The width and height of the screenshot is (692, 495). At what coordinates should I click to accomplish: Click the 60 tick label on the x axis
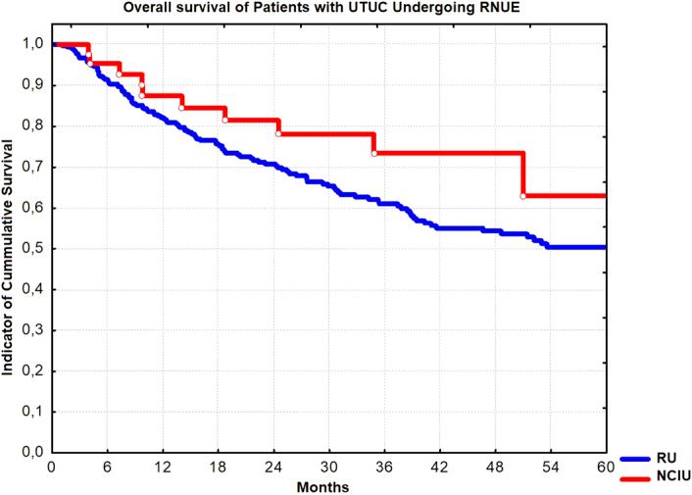[x=606, y=468]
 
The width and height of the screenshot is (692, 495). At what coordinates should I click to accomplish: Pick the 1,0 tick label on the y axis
[x=31, y=44]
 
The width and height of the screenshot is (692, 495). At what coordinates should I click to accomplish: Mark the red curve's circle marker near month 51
[x=522, y=196]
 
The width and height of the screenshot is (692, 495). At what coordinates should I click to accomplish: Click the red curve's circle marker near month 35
[x=374, y=153]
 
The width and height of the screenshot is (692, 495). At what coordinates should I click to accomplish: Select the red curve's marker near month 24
[x=278, y=133]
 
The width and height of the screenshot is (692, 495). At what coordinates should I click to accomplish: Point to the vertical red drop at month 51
[x=522, y=174]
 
